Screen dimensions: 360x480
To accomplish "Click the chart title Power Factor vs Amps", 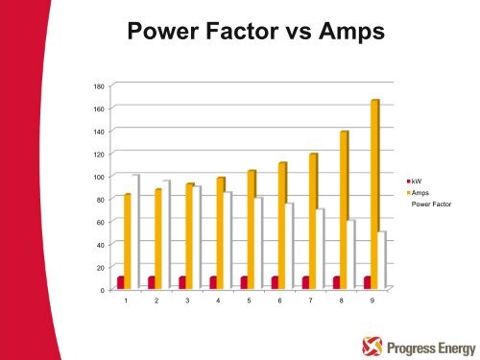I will click(x=255, y=36).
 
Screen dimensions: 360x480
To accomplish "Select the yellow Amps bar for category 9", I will click(x=373, y=192).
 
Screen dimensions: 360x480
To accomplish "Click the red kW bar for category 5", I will click(x=244, y=281).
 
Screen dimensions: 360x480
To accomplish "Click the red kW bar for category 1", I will click(x=121, y=281).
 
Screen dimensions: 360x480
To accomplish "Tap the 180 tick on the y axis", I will click(x=99, y=86).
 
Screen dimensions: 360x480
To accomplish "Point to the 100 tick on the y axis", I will click(x=99, y=177).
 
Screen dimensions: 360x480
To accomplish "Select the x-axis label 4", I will click(x=218, y=301).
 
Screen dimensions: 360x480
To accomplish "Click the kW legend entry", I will click(x=416, y=180).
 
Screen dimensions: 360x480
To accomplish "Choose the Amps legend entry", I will click(x=420, y=192).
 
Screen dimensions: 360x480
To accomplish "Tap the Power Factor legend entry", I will click(x=430, y=204).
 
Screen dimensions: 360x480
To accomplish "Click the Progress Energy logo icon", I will click(x=371, y=341).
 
